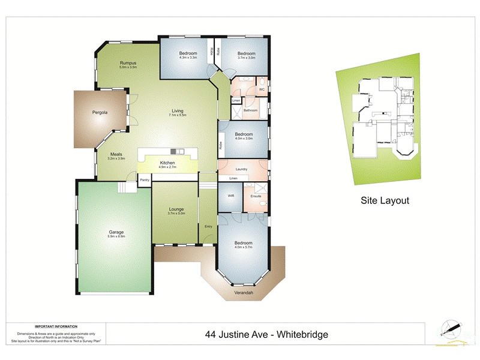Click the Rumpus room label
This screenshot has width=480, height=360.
pos(128,63)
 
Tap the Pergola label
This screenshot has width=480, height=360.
pos(100,112)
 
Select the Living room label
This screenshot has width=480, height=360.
pos(178,110)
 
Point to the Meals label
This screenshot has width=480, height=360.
pos(116,154)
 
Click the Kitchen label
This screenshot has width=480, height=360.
pos(167,163)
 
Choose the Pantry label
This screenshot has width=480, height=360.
pos(144,179)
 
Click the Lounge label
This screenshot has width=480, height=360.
pos(176,209)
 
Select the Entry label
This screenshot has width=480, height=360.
pos(208,226)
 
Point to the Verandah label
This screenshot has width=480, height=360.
pos(244,293)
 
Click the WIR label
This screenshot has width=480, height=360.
pos(230,196)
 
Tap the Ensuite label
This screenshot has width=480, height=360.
pos(256,196)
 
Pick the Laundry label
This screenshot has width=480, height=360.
pos(242,169)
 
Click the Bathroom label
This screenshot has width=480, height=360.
pos(250,110)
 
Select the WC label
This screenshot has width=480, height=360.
pos(262,89)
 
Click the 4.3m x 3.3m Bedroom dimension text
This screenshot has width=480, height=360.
pos(188,58)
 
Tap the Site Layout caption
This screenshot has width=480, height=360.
pos(384,200)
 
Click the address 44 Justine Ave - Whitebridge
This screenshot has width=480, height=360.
pos(268,334)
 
